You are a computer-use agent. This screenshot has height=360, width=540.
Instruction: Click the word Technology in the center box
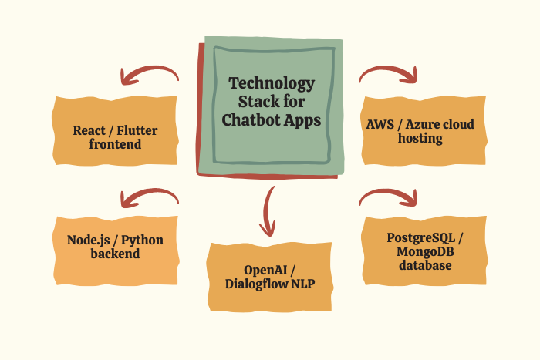272,83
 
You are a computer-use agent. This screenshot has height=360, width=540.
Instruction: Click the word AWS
380,124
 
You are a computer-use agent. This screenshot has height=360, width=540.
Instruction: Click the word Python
142,240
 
